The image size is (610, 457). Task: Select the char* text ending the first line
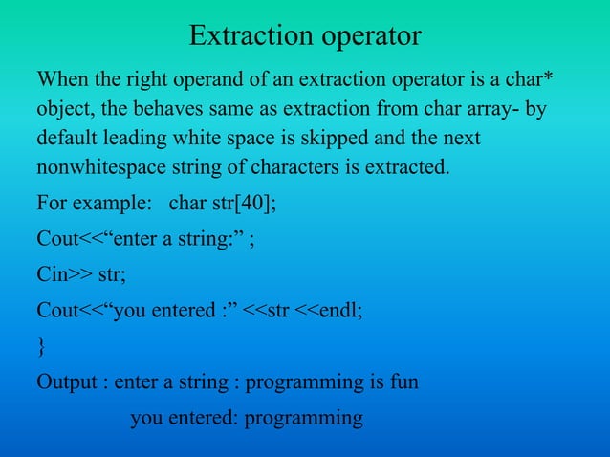tap(530, 79)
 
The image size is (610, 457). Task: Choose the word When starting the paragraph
tap(61, 79)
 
